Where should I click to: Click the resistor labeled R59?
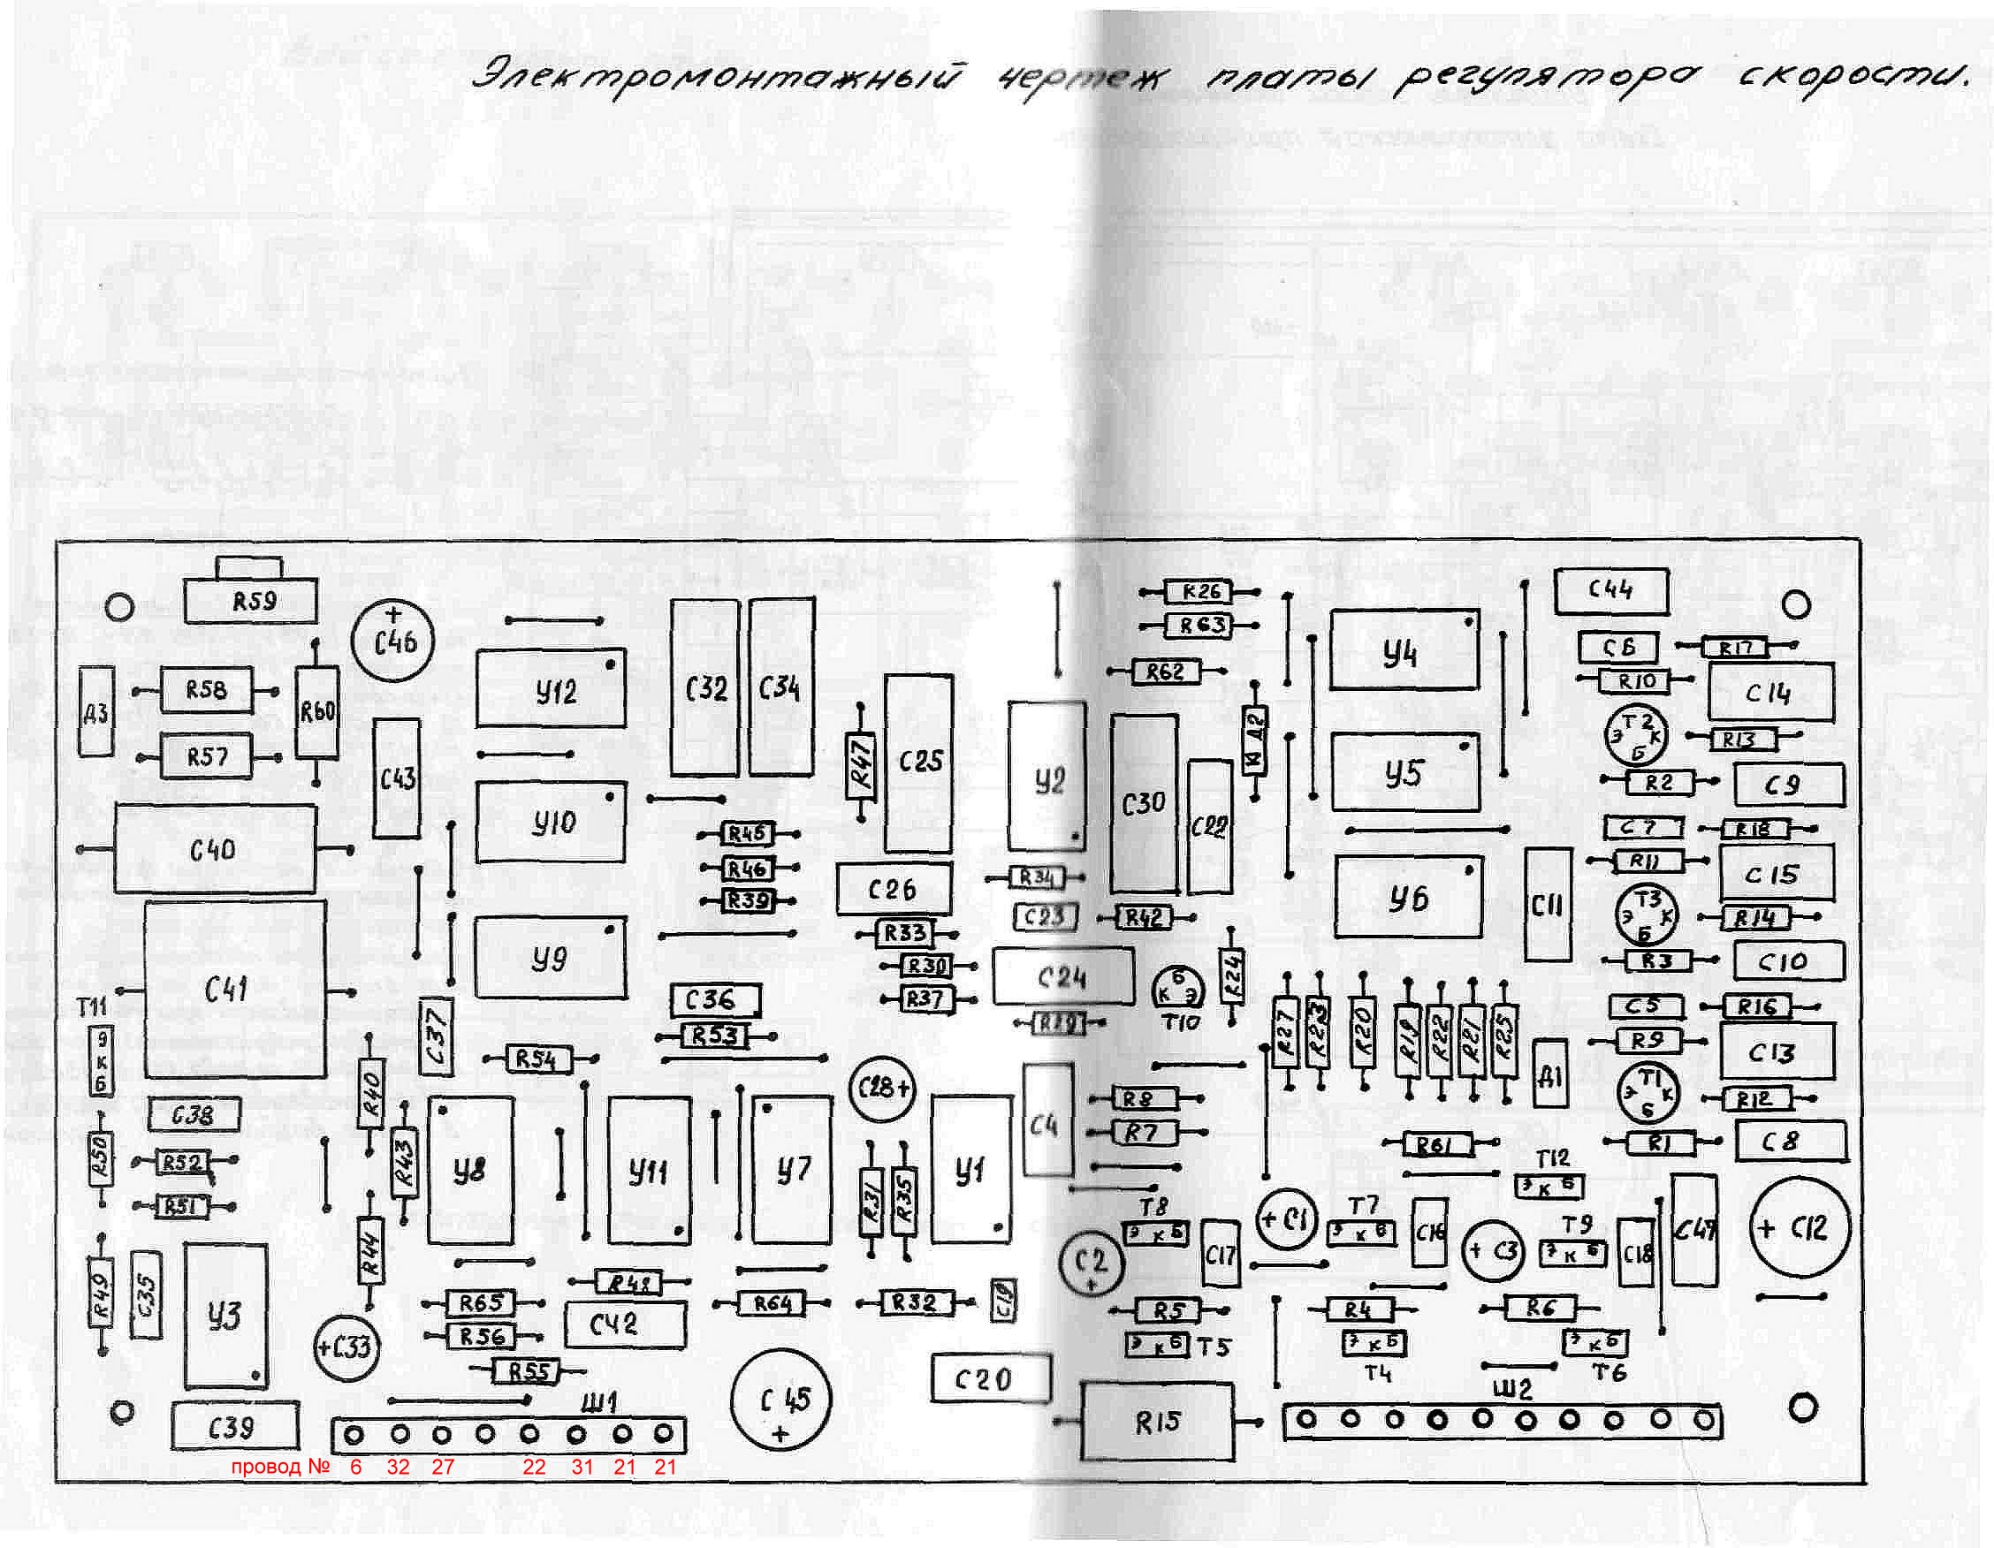point(250,602)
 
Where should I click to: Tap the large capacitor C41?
point(234,989)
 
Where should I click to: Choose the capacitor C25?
point(919,763)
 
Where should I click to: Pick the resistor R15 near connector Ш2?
point(1156,1421)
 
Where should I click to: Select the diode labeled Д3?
point(95,711)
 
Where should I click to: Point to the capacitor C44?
point(1610,591)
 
